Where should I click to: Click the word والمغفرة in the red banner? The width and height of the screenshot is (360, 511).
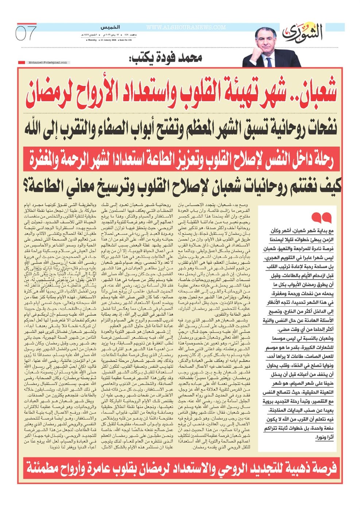[44, 160]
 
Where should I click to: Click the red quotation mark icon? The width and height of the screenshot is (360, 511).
[322, 218]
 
